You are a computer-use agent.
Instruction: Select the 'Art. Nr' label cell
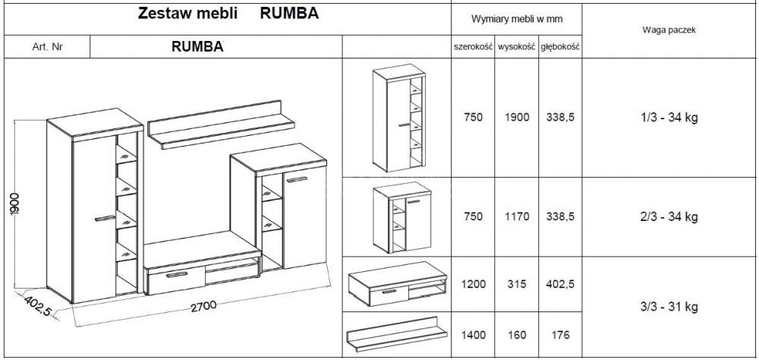click(x=47, y=47)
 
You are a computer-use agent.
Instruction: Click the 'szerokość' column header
click(x=473, y=47)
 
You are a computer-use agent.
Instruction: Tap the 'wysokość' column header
click(x=517, y=47)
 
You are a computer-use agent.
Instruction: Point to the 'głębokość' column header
click(x=560, y=47)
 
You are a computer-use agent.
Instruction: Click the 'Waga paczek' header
click(x=669, y=30)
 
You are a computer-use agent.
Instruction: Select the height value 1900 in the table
click(x=517, y=118)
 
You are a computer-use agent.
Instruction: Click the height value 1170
click(x=517, y=217)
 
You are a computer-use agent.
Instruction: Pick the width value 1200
click(x=473, y=284)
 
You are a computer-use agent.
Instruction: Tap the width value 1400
click(x=473, y=334)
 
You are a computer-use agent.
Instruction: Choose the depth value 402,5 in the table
click(x=560, y=284)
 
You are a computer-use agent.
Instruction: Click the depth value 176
click(x=560, y=334)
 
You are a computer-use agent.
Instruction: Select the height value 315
click(x=517, y=284)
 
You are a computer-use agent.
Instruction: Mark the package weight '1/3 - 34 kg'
click(x=669, y=118)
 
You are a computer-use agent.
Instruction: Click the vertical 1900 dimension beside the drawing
click(x=17, y=204)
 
